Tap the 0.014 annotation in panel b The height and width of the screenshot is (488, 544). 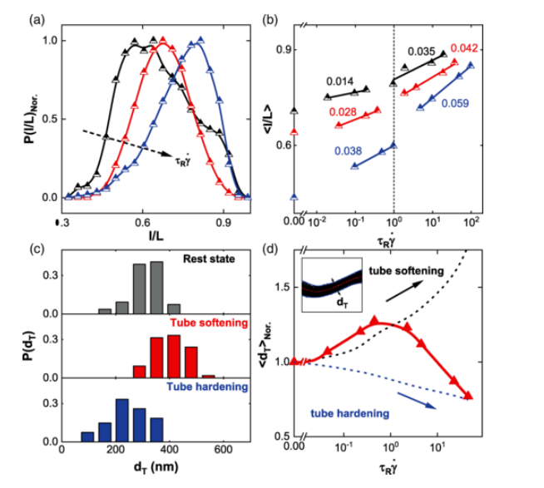coord(339,82)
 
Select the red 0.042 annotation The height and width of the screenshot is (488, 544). coord(464,47)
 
